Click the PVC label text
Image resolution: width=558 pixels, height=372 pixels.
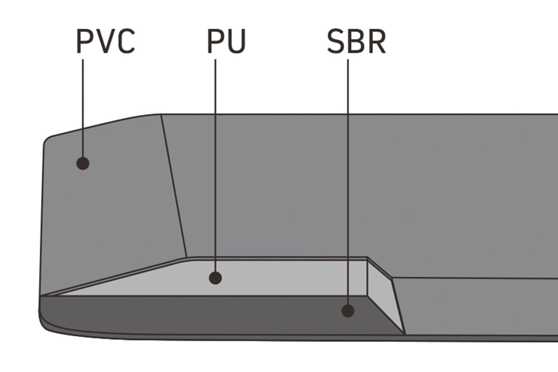tap(105, 41)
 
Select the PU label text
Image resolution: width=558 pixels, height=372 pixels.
tap(226, 41)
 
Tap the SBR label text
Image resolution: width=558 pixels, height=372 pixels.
tap(356, 41)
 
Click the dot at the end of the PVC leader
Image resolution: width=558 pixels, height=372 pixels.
tap(83, 163)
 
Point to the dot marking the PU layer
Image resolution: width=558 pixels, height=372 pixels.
tap(215, 277)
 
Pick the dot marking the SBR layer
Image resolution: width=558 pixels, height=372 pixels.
tap(348, 311)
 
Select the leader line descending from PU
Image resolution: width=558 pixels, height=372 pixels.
tap(215, 167)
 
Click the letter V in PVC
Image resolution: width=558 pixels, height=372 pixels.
tap(105, 41)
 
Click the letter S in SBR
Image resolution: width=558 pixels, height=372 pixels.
tap(336, 41)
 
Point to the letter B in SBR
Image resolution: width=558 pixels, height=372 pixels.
tap(355, 41)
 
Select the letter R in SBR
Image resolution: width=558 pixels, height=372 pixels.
tap(376, 41)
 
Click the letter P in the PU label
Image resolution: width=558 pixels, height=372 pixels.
tap(216, 41)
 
